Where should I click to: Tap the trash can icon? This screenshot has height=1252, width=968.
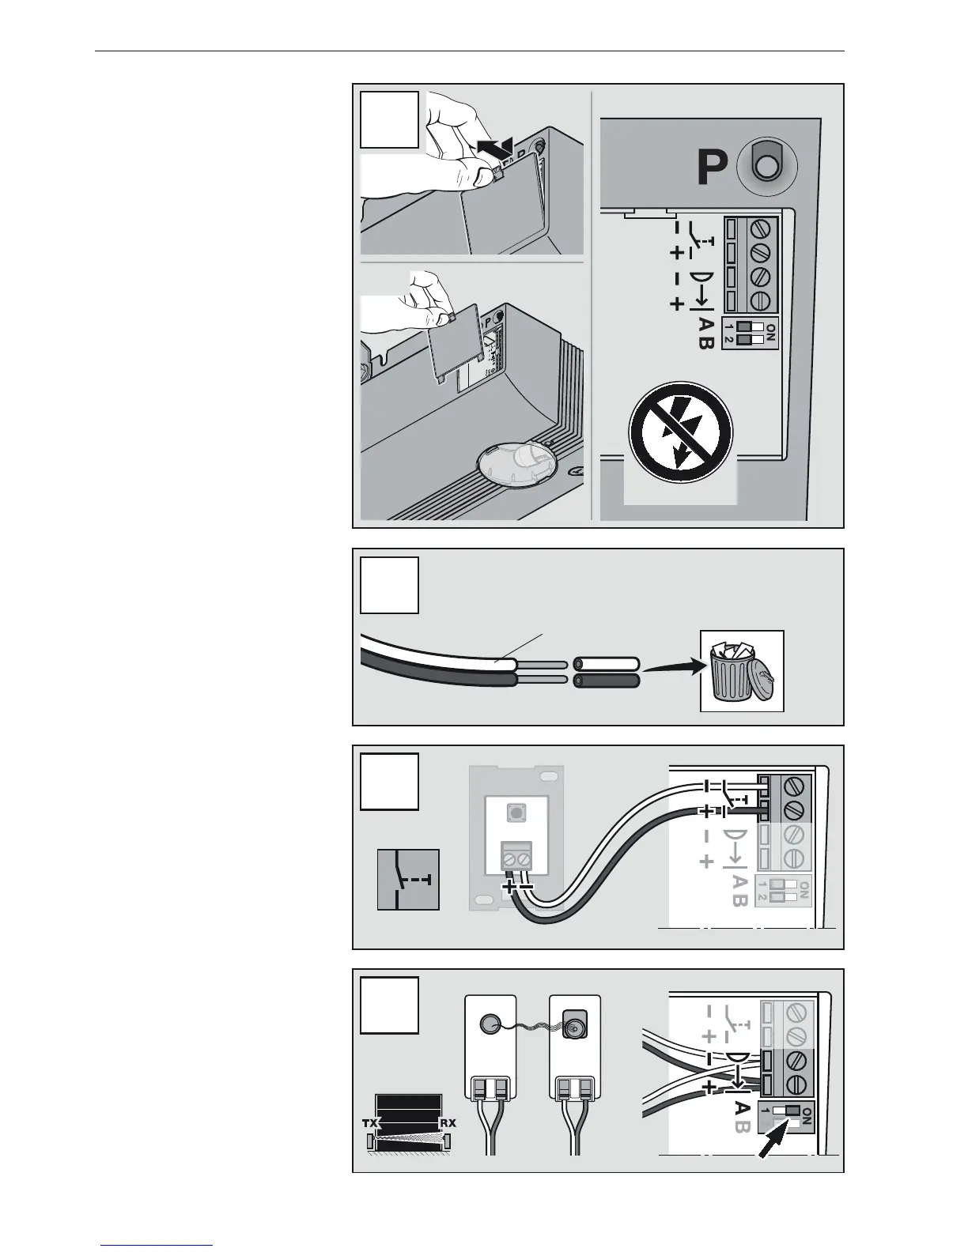coord(742,670)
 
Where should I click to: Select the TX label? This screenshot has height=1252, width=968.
coord(369,1122)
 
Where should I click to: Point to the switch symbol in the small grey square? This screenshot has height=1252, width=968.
coord(408,879)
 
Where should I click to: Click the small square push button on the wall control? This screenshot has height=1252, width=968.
coord(515,811)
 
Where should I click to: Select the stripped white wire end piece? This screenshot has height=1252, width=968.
coord(606,663)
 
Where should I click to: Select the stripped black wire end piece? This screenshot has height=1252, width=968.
coord(606,681)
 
